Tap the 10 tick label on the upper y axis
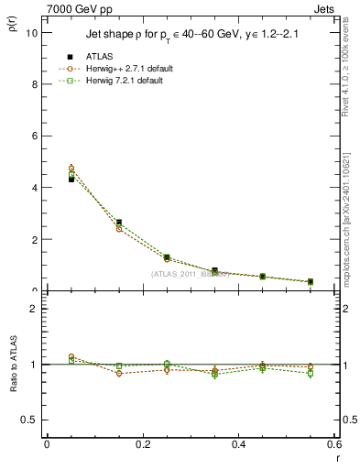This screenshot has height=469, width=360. (x=33, y=32)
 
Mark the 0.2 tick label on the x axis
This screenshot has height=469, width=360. (x=142, y=444)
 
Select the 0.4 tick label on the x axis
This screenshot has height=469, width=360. (x=238, y=444)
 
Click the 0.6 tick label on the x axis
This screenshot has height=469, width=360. (x=334, y=444)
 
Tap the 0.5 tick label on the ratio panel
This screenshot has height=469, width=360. (x=30, y=420)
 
